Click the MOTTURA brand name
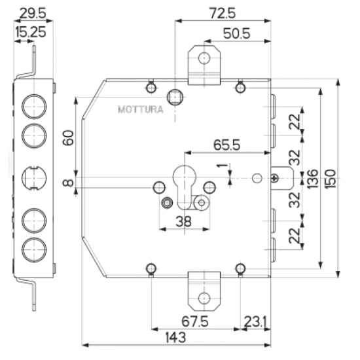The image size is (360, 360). tap(141, 109)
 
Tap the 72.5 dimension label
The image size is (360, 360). tap(223, 13)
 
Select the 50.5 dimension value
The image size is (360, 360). tap(236, 33)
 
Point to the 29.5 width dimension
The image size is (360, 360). tap(33, 13)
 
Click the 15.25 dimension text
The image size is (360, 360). tap(31, 32)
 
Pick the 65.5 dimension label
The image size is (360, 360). tap(227, 145)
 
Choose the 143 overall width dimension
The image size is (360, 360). tap(175, 338)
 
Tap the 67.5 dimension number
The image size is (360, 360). tap(195, 321)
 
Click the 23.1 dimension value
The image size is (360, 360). tap(255, 321)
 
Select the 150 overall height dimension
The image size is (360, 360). tap(331, 179)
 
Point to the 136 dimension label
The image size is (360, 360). tap(312, 179)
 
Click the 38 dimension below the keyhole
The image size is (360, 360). tap(183, 222)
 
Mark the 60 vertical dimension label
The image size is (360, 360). tap(68, 137)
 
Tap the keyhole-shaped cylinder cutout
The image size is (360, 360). tap(185, 187)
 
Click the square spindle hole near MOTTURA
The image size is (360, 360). tap(175, 97)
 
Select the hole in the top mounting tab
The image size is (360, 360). tap(204, 58)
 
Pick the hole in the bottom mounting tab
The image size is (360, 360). tap(204, 298)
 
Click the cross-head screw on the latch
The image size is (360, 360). tap(275, 178)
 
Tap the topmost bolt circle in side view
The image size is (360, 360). tap(34, 107)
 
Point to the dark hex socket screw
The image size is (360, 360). tap(168, 203)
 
